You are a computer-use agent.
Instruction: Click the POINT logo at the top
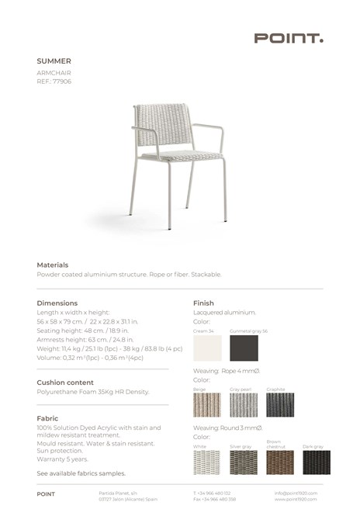coord(289,38)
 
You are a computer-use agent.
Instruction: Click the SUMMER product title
coord(54,61)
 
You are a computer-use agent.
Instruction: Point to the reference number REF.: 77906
coord(54,81)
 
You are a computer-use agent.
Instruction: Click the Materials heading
coord(53,265)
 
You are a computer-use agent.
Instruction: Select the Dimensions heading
coord(57,303)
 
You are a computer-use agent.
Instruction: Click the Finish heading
coord(203,303)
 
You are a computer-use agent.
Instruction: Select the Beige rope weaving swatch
coord(207,404)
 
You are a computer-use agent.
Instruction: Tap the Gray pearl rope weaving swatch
coord(244,404)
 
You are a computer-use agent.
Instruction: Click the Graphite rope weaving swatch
coord(280,404)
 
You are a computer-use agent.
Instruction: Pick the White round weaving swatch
coord(207,462)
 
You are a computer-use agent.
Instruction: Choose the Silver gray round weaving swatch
coord(244,462)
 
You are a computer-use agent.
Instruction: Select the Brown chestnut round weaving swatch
coord(280,462)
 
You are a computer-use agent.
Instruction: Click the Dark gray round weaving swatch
coord(317,462)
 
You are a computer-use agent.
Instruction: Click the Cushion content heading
coord(65,383)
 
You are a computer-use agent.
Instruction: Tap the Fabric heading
coord(47,418)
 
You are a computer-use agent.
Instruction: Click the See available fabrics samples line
coord(81,473)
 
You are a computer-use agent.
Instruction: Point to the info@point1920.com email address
coord(296,493)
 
